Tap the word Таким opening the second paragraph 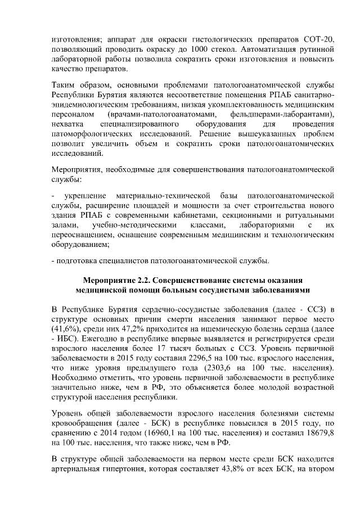click(62, 85)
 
